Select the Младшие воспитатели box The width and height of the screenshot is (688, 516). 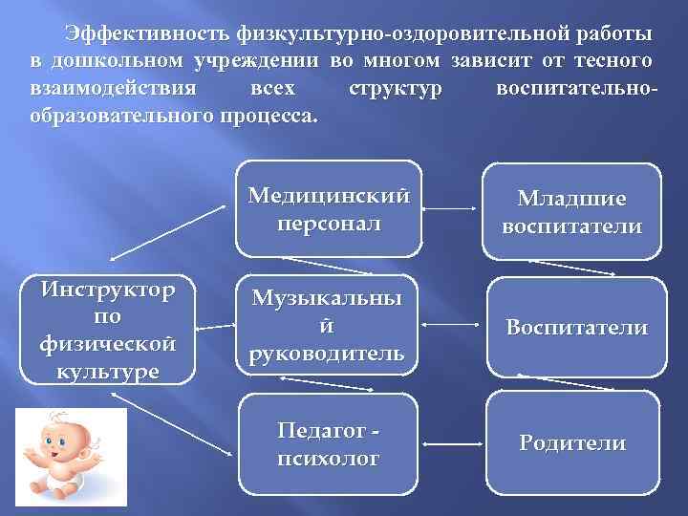(571, 212)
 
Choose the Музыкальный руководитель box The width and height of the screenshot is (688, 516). (328, 325)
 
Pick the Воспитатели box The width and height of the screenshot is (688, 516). (576, 327)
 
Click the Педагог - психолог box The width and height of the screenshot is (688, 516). (328, 442)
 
